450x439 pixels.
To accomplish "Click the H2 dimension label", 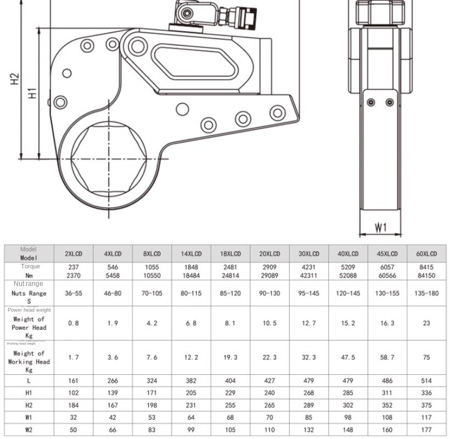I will (15, 80).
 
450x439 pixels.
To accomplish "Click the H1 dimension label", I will (32, 93).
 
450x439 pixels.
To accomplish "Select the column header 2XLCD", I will (74, 254).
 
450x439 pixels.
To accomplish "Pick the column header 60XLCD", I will (426, 254).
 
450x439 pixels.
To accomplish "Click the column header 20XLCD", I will (269, 254).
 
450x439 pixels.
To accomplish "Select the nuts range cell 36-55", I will (74, 294).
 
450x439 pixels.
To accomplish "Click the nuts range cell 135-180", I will (426, 294).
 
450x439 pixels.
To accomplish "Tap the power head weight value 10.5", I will (269, 323).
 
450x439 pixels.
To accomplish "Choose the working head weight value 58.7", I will (387, 357).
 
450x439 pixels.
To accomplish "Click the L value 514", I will (426, 381).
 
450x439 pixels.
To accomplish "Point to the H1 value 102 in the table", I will (74, 393).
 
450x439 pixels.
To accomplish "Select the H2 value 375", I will (426, 406).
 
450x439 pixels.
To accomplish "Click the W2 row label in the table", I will (29, 430).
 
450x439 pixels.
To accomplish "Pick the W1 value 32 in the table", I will (74, 418).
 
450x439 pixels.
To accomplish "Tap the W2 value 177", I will (426, 430).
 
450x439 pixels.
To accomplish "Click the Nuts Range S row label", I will (29, 297).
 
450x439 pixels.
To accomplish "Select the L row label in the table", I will (29, 381).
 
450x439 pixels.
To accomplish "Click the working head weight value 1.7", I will (74, 357).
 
